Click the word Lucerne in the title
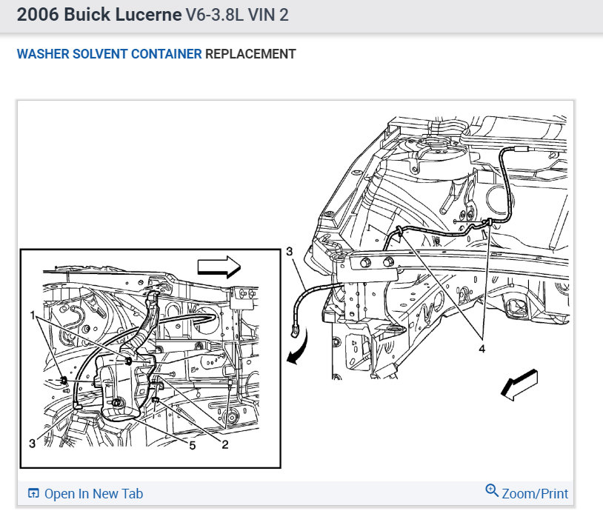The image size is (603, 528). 148,15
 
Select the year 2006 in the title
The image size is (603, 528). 38,15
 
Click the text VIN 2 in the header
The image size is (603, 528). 268,15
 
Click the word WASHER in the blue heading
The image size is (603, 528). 43,54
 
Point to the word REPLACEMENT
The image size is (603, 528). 250,54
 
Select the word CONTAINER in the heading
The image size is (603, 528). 166,54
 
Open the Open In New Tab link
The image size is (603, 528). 93,494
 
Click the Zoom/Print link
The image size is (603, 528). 535,494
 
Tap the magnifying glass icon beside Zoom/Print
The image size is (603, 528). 491,490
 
